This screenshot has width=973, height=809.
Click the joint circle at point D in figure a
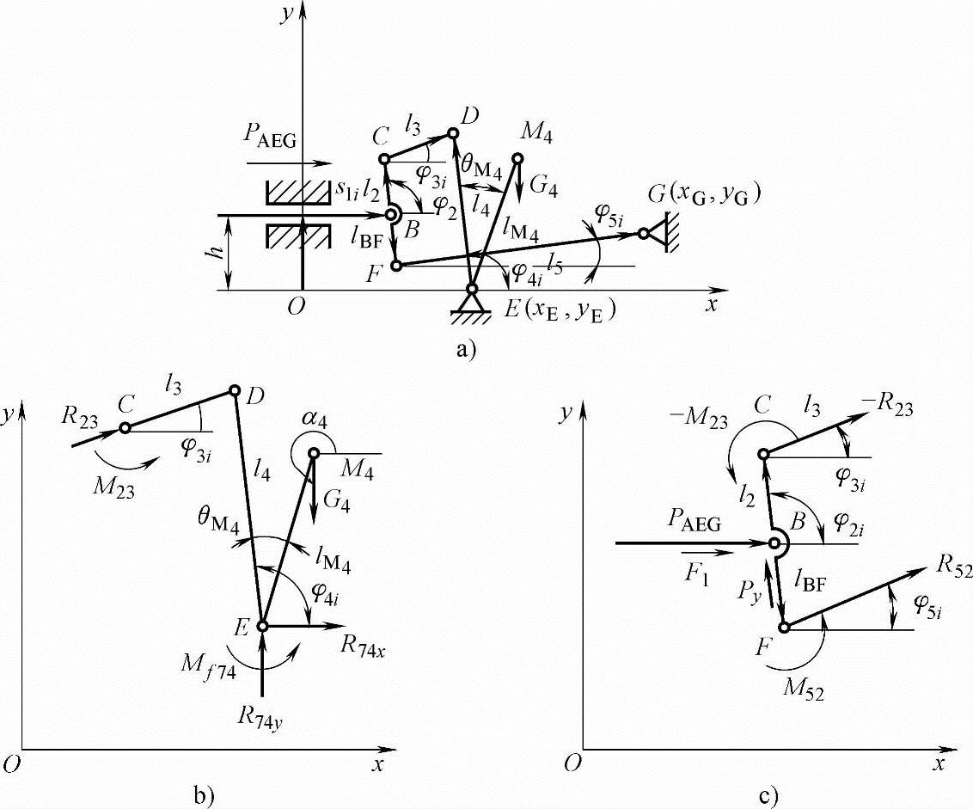(x=454, y=133)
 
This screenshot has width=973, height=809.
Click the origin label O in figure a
(x=296, y=310)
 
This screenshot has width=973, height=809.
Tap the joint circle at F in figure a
(x=396, y=267)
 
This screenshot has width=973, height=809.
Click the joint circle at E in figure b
(x=263, y=626)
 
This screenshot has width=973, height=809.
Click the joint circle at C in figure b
(x=125, y=427)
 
